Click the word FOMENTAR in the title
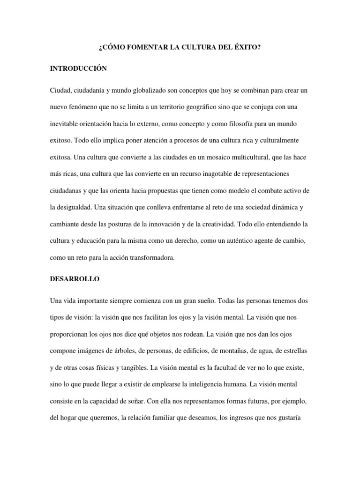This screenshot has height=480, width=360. tap(143, 48)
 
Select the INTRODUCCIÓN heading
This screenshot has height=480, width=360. tap(79, 68)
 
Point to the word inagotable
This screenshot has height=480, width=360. tap(227, 174)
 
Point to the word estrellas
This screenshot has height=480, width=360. tap(294, 351)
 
